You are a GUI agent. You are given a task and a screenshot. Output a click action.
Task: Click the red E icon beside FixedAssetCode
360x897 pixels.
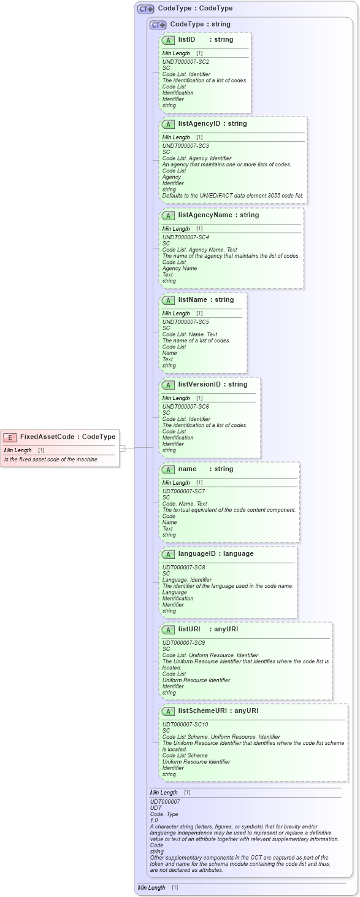point(10,437)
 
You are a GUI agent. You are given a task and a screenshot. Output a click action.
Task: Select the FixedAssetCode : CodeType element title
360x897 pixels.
point(67,437)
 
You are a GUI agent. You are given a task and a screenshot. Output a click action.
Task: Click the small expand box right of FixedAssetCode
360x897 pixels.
point(122,448)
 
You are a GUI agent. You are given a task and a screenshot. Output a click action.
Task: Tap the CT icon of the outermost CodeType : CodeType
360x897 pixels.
point(145,9)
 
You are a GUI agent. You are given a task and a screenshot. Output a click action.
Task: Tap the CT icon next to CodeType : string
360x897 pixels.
point(158,25)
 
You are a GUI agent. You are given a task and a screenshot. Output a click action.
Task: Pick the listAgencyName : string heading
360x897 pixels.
point(218,215)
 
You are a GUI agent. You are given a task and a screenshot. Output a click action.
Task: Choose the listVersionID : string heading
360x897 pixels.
point(212,385)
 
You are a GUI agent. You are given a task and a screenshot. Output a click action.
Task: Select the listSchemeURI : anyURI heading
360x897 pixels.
point(218,711)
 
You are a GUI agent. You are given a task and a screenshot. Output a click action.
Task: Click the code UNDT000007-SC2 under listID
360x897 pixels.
point(185,62)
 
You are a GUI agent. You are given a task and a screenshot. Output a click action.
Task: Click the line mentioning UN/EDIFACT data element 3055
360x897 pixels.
point(232,196)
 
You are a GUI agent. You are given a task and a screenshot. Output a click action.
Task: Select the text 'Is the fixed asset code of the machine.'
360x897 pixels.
point(52,460)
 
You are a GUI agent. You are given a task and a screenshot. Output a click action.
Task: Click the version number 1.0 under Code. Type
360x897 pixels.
point(154,820)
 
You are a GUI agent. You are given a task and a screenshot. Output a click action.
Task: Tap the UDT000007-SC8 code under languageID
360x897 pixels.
point(183,568)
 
